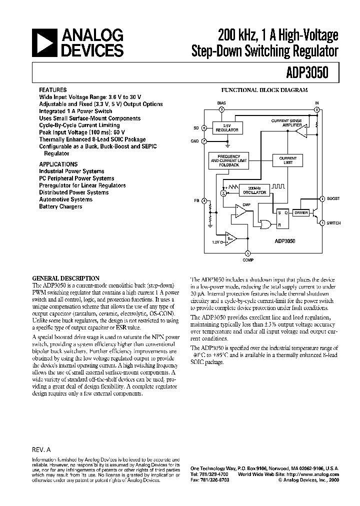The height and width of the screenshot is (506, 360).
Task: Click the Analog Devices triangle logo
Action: click(x=44, y=42)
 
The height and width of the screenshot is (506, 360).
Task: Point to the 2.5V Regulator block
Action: click(x=227, y=128)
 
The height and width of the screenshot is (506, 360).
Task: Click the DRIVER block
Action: click(x=300, y=212)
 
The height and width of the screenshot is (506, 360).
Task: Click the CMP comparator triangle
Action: click(x=240, y=212)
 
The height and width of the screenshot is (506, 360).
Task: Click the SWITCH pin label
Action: click(x=333, y=222)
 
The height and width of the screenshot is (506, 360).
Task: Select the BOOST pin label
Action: click(x=333, y=198)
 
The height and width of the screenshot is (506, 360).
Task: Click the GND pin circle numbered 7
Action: click(x=204, y=141)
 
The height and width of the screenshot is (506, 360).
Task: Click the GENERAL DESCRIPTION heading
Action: click(x=66, y=278)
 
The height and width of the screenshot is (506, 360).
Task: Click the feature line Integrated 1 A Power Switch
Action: click(x=76, y=111)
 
